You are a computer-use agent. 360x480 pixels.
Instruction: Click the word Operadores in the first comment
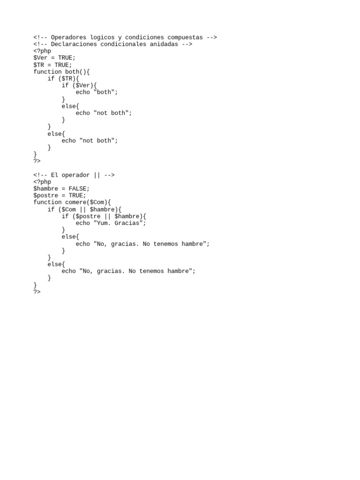pos(68,37)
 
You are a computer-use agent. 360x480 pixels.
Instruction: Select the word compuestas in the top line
pos(185,37)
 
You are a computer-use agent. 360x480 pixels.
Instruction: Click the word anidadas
pos(164,44)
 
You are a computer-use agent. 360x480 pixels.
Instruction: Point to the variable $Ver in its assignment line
pos(40,58)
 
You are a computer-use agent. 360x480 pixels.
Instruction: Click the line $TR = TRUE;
pos(52,65)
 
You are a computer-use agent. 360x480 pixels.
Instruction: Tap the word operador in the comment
pos(75,175)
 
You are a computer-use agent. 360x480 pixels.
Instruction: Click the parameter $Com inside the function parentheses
pos(97,202)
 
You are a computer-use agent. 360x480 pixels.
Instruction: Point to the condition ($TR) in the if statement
pos(67,79)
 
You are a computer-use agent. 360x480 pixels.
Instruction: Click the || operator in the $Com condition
pos(82,210)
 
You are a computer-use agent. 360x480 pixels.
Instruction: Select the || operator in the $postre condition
pos(107,217)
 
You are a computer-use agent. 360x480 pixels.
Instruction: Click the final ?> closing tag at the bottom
pos(37,292)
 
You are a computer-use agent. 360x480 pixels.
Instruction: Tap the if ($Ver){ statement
pos(79,85)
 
